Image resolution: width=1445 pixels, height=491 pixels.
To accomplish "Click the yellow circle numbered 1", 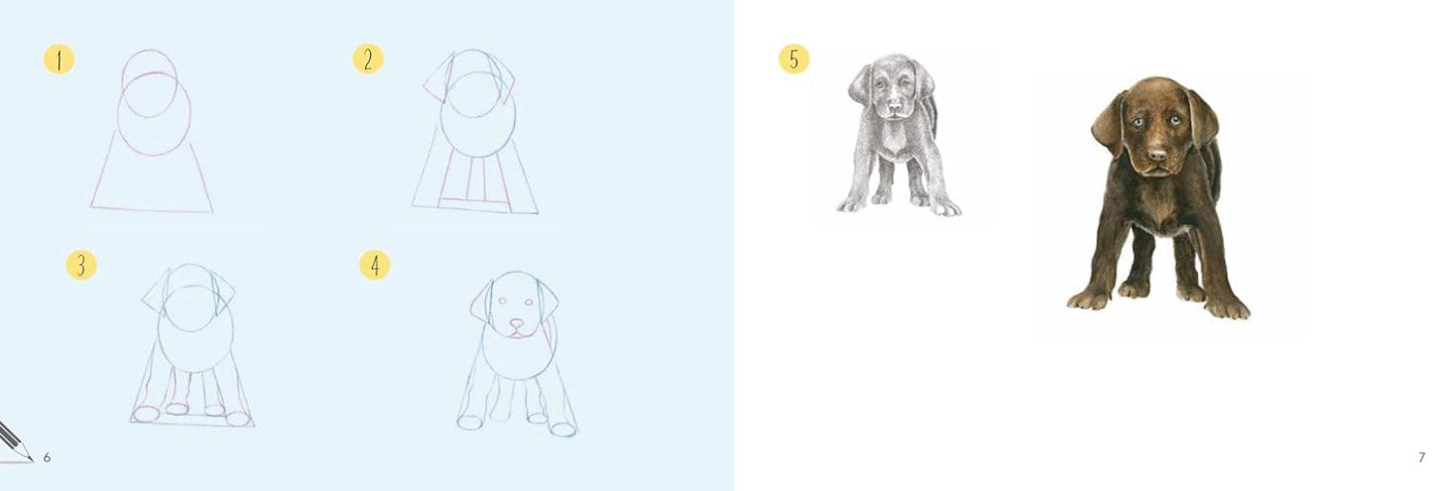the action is [x=59, y=60].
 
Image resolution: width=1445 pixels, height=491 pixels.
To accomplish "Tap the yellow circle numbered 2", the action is [x=368, y=60].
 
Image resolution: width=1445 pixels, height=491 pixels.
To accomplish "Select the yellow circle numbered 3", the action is [x=81, y=265].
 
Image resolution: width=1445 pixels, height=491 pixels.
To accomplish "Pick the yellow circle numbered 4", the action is [x=375, y=265].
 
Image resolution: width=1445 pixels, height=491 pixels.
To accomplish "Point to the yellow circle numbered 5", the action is [x=794, y=59].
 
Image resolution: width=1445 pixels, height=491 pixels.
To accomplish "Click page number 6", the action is [x=47, y=457].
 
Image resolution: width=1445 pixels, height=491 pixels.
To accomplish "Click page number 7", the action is [x=1422, y=457].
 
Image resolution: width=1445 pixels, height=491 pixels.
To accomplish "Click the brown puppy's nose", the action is [x=1158, y=155].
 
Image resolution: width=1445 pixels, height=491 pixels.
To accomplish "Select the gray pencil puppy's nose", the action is [x=894, y=105].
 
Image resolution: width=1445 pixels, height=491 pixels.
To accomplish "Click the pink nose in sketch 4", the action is [x=518, y=322].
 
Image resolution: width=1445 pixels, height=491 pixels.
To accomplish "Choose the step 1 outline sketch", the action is [x=153, y=131].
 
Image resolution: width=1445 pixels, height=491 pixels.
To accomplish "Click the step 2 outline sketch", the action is [x=475, y=131].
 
